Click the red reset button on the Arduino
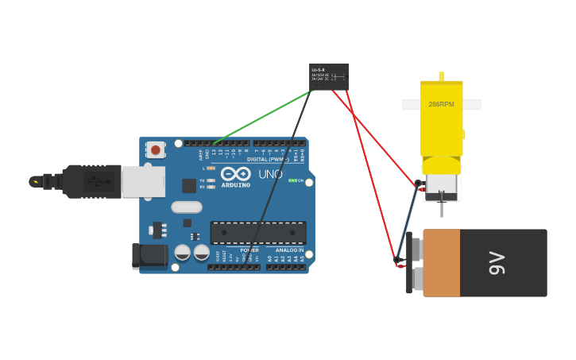click(x=156, y=149)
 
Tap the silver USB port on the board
click(x=143, y=181)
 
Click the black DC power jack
click(x=149, y=256)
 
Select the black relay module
click(x=328, y=76)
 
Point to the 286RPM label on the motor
click(x=441, y=104)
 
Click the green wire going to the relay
click(x=262, y=117)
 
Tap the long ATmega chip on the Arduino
click(x=258, y=232)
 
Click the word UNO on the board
click(x=270, y=174)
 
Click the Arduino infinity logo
click(x=235, y=174)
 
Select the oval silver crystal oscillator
click(x=187, y=207)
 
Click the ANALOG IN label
click(x=289, y=250)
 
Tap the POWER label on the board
click(x=249, y=250)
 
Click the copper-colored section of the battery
click(x=442, y=263)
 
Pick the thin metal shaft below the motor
click(x=442, y=209)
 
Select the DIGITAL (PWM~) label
click(x=267, y=160)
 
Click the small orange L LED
click(x=211, y=168)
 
